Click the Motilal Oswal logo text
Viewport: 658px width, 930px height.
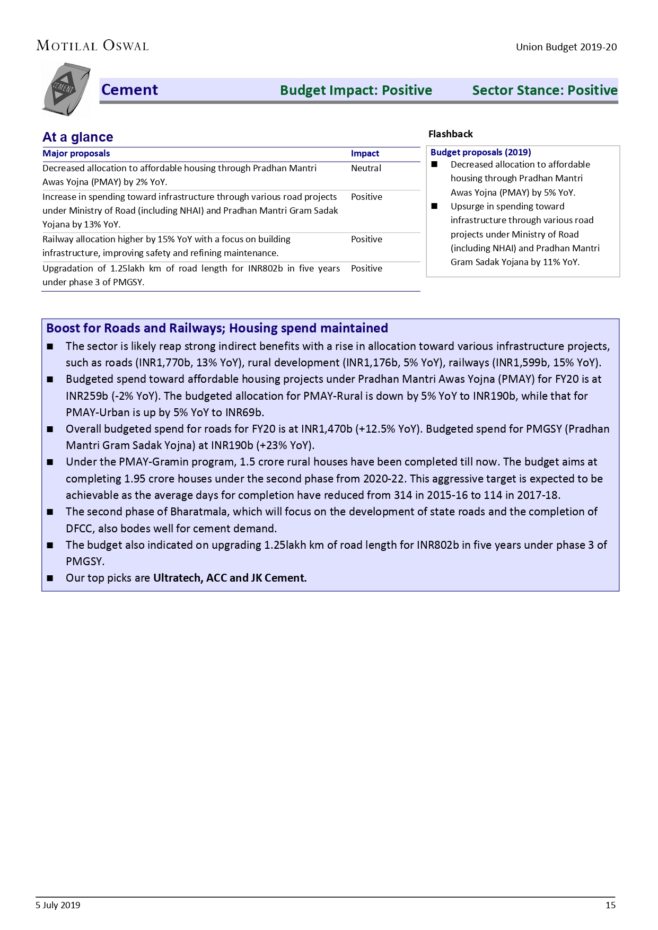pos(92,46)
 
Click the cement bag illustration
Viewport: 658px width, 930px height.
pos(66,89)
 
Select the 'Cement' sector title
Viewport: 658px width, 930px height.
pos(129,90)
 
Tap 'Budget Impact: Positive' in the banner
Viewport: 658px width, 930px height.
pos(356,90)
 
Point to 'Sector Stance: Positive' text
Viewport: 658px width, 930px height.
pos(545,90)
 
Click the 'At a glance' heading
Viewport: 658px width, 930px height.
pos(78,137)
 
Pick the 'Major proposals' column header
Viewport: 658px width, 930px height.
pos(76,154)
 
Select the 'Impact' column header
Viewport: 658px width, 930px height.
pos(365,154)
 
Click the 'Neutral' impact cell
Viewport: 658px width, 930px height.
pos(366,168)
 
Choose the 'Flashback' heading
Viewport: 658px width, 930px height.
pos(450,134)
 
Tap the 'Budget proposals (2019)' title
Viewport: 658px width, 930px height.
pos(480,152)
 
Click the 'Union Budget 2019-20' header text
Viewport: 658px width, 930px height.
pos(566,47)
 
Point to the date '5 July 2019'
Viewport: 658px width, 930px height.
pos(58,905)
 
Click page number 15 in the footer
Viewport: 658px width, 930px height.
pos(610,905)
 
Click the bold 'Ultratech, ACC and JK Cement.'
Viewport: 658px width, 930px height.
pos(230,578)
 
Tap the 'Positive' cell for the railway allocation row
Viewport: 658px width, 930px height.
pos(366,239)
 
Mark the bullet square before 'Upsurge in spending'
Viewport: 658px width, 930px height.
pos(434,206)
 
